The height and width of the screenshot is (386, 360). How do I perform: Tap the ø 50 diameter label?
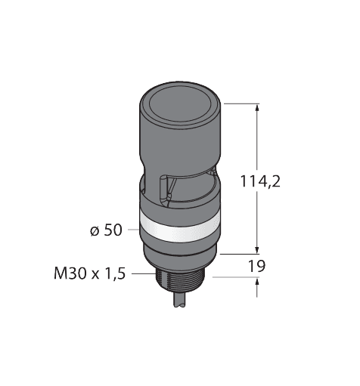106,231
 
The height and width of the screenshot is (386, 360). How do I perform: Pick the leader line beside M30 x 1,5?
143,274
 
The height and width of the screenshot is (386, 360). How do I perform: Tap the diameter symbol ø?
94,231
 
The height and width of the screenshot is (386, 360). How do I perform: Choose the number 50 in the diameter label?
113,231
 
